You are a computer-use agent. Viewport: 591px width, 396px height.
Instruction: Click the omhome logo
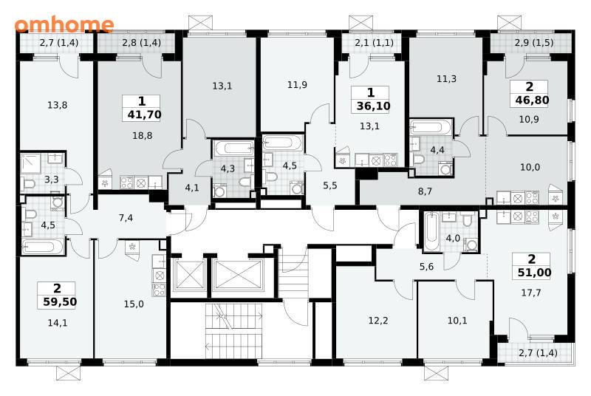pos(64,24)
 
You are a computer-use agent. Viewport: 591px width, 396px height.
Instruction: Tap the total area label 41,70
pos(144,115)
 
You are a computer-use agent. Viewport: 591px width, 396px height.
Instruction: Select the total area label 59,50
pos(60,301)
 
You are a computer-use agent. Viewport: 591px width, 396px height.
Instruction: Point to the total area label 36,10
pos(374,106)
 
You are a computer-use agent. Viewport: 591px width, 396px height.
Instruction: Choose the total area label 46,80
pos(532,100)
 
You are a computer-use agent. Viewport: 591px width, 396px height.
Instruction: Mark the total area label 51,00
pos(534,273)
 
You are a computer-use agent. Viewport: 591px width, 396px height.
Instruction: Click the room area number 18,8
pos(143,135)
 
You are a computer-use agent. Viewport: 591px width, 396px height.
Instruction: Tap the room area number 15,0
pos(134,304)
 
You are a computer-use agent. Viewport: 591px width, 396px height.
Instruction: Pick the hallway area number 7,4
pos(126,218)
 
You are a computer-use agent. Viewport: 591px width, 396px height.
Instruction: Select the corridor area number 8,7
pos(425,191)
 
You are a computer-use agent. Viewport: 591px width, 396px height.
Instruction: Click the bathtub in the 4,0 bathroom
pos(431,232)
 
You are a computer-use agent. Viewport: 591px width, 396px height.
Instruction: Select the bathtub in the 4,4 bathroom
pos(431,127)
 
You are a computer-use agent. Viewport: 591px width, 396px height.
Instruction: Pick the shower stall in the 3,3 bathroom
pos(30,163)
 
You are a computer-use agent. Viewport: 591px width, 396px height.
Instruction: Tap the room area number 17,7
pos(531,293)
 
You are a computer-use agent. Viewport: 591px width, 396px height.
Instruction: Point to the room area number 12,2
pos(378,320)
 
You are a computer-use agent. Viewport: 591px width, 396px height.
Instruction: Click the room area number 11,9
pos(297,85)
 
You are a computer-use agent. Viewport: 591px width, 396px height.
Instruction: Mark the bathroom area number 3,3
pos(51,180)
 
